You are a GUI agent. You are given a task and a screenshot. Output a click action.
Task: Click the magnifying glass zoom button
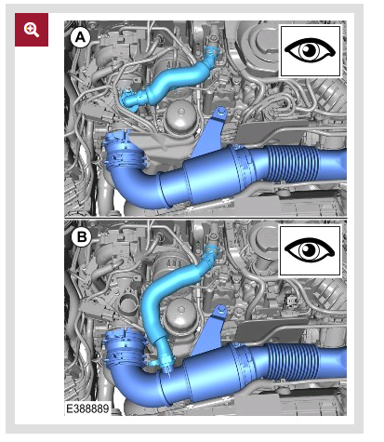click(x=32, y=30)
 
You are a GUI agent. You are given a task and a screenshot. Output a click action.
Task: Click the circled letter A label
click(x=80, y=38)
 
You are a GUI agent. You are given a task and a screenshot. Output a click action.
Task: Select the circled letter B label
click(x=81, y=237)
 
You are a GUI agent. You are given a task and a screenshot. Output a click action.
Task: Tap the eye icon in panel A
click(x=310, y=51)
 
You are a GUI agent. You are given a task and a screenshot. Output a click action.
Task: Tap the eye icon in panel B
click(x=310, y=250)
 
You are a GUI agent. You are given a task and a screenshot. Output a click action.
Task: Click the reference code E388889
click(x=87, y=409)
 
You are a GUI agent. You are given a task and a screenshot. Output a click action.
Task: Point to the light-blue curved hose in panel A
click(x=167, y=82)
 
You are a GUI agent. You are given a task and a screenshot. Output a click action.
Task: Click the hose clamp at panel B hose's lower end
click(x=165, y=362)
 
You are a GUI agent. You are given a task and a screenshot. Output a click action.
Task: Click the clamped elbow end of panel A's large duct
click(x=125, y=151)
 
